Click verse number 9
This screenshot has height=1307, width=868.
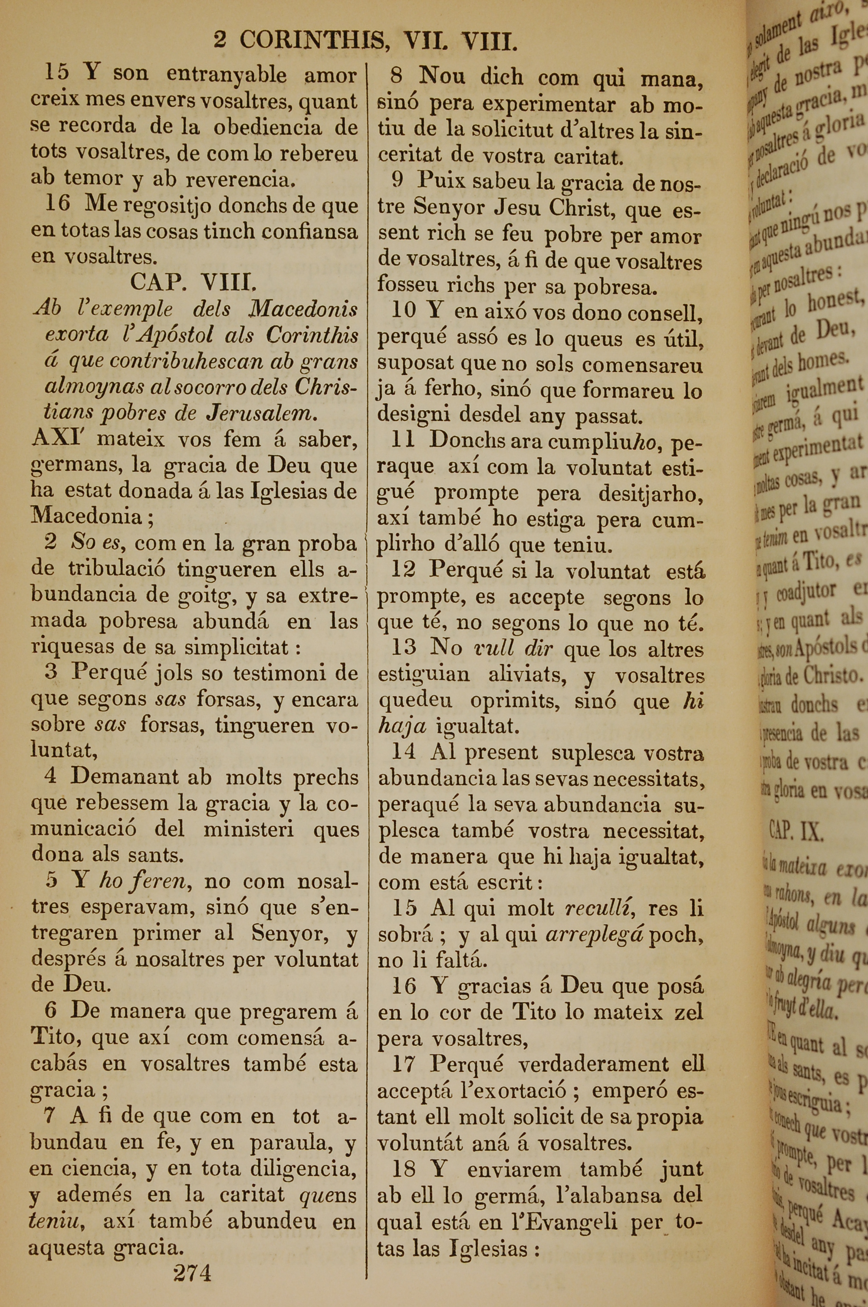click(397, 180)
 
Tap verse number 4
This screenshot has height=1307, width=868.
click(50, 776)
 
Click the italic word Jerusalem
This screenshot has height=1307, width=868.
click(263, 413)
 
